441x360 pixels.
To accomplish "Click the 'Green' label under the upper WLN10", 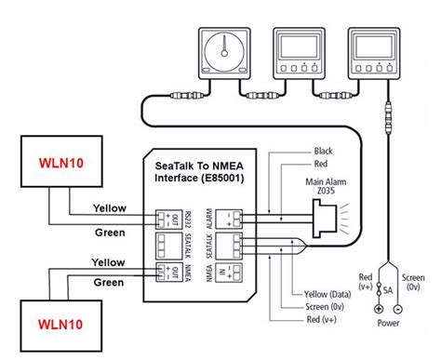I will click(112, 232).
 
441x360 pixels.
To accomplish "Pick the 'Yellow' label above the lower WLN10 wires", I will click(110, 262).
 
